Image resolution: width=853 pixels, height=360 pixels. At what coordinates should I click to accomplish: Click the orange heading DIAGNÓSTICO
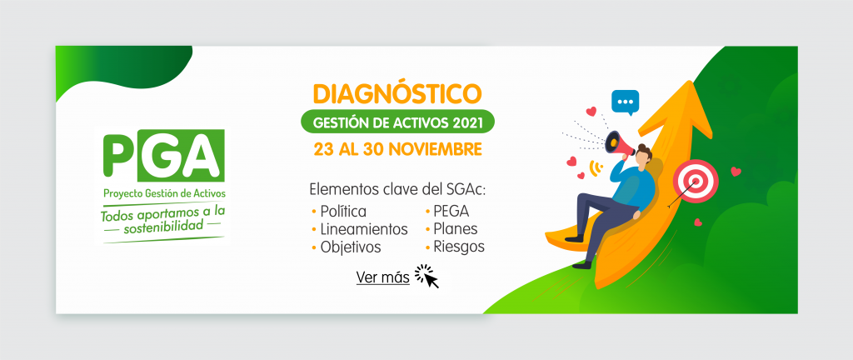click(397, 94)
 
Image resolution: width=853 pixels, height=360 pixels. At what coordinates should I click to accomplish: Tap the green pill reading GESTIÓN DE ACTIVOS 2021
click(397, 122)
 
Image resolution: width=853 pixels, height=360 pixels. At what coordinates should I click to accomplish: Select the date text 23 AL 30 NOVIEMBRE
click(397, 149)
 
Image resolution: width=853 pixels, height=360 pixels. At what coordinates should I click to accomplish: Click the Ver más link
click(383, 277)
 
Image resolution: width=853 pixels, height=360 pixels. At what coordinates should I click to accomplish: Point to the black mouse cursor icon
click(427, 276)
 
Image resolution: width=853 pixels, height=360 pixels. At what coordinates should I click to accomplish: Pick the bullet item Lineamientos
click(360, 229)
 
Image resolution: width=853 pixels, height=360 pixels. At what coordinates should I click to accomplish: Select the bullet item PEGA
click(446, 211)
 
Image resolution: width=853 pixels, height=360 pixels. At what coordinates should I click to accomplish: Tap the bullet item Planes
click(451, 228)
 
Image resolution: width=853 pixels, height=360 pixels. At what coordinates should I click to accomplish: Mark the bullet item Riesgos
click(454, 247)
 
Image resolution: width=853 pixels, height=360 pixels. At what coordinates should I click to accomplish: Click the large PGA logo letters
click(163, 156)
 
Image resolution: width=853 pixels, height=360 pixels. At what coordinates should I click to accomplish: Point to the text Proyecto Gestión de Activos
click(164, 193)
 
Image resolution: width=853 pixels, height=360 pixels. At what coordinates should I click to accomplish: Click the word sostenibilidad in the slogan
click(163, 226)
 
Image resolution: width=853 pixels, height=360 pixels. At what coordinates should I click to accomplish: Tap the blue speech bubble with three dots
click(625, 102)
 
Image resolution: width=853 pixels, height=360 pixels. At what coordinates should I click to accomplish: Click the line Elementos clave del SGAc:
click(397, 190)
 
